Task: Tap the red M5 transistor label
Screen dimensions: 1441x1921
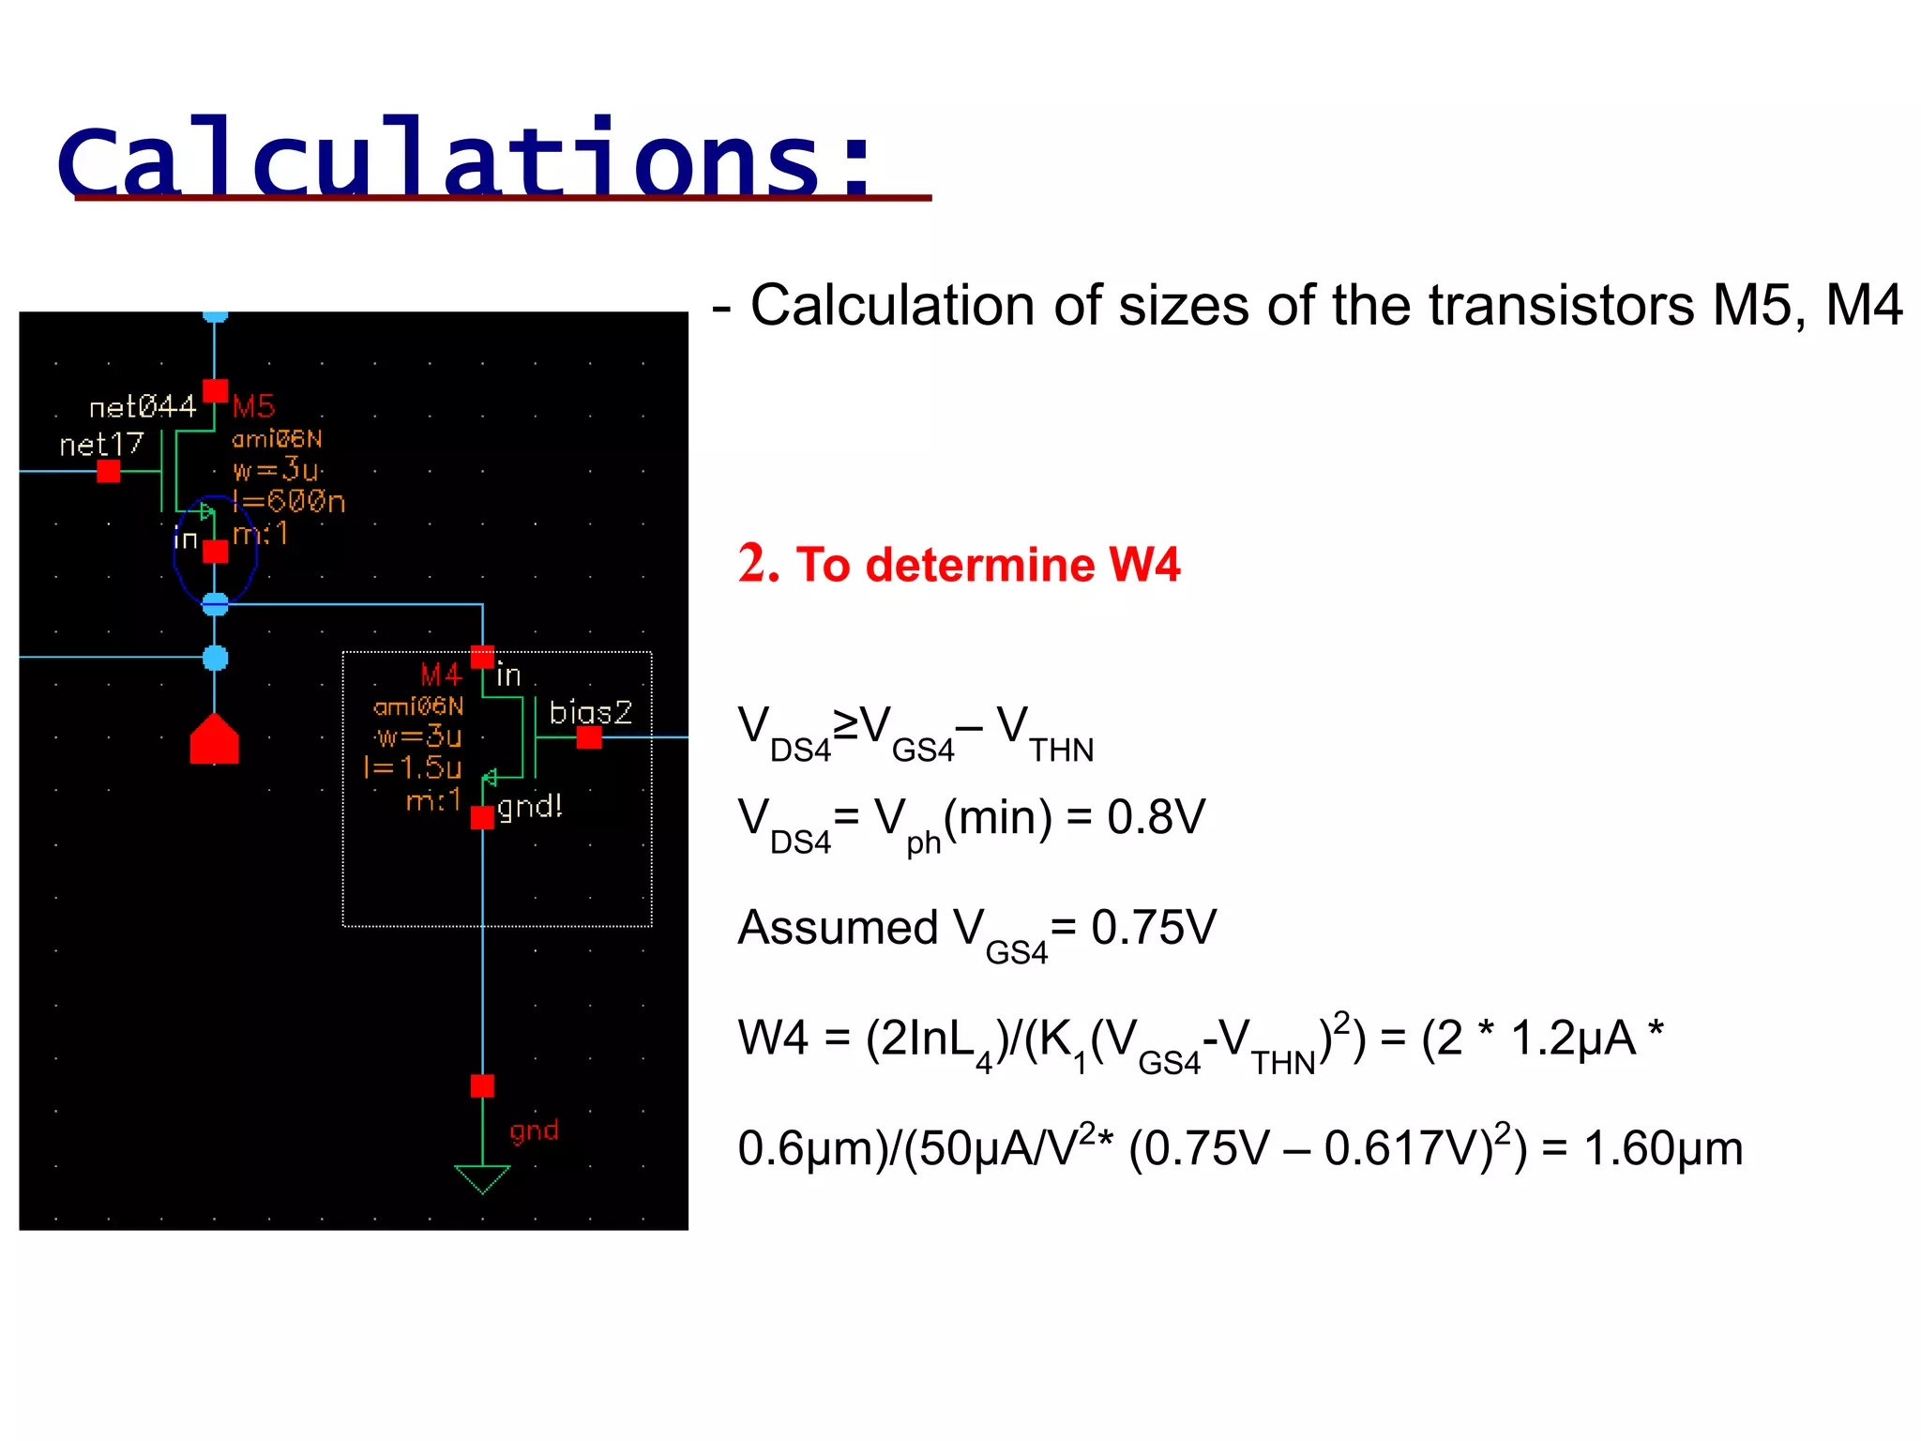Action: (x=253, y=406)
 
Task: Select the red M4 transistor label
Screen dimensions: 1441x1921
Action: (x=441, y=675)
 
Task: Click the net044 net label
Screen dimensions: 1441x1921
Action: (x=143, y=407)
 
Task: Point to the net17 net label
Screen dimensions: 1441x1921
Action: (x=101, y=444)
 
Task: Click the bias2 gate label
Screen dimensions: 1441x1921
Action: (x=590, y=712)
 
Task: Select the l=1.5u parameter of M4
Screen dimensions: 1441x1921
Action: (x=413, y=768)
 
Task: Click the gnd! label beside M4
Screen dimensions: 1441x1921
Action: (x=530, y=806)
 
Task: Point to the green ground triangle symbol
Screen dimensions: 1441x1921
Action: (x=482, y=1177)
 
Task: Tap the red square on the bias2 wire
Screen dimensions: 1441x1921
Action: (x=589, y=738)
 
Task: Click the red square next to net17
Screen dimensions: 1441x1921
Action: (x=109, y=471)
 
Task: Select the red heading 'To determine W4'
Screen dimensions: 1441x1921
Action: (x=988, y=565)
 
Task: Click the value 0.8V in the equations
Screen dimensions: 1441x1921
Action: (x=1156, y=817)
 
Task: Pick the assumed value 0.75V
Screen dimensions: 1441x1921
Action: (x=1154, y=928)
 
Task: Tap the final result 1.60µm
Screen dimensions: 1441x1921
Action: (x=1663, y=1148)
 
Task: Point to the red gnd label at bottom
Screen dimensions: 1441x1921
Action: (x=534, y=1130)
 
